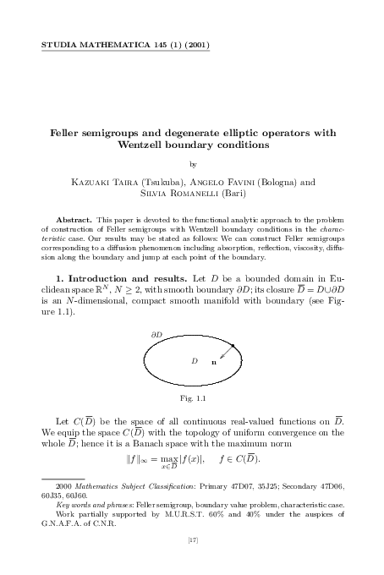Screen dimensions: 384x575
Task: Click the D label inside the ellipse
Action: point(194,384)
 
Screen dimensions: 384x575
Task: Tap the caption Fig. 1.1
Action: point(192,420)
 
